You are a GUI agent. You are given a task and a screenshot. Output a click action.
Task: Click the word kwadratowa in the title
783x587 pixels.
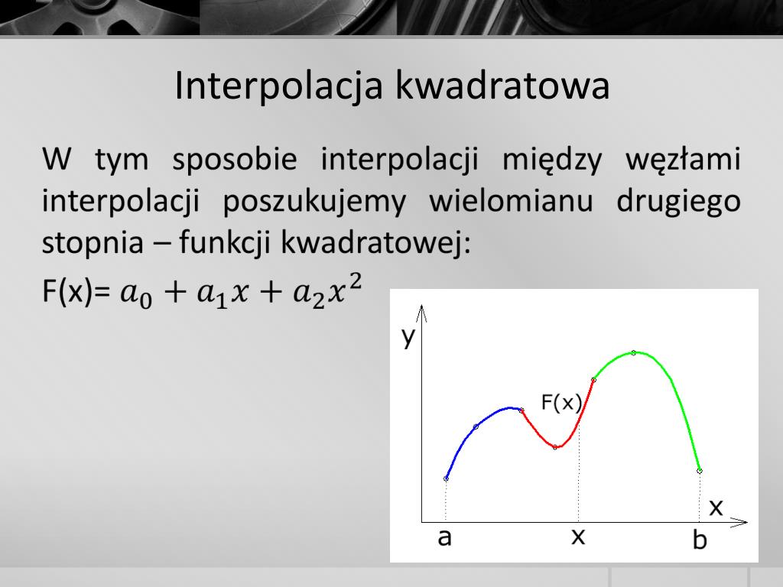point(502,86)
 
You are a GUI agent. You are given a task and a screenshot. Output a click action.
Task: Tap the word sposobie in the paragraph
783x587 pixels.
point(235,161)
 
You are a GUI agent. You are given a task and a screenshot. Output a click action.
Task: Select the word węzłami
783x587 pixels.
point(683,161)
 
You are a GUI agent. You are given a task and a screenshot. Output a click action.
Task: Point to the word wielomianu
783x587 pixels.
point(512,201)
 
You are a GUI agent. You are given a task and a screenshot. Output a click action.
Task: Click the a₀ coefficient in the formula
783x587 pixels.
point(136,294)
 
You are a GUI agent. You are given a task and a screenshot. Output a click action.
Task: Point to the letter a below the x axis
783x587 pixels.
point(444,538)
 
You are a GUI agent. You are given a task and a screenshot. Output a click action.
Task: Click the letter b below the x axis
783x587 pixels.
point(700,540)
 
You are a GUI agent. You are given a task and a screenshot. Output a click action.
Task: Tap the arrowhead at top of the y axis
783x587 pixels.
point(422,310)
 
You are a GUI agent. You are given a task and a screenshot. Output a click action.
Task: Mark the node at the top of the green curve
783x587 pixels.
point(633,353)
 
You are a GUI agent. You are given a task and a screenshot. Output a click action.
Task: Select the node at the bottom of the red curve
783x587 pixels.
point(555,447)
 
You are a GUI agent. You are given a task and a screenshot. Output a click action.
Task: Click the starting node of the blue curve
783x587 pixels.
point(446,478)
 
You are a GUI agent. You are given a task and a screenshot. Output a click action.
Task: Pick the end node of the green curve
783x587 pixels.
point(700,471)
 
